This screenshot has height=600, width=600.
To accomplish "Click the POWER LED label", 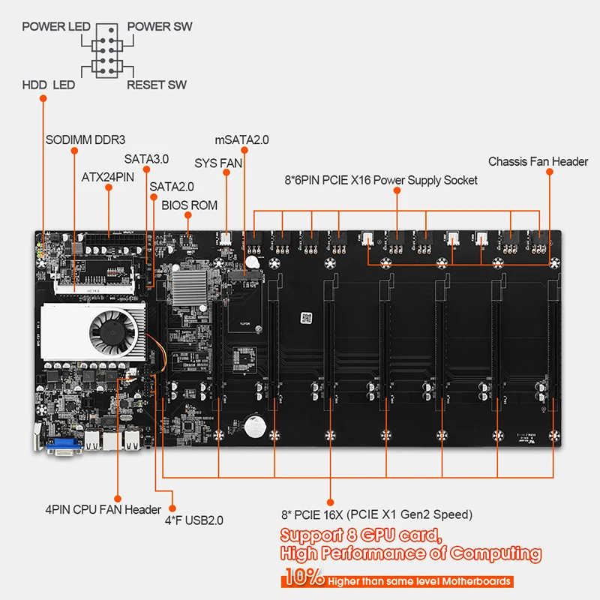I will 55,27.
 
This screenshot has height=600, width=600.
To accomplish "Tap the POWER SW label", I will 160,27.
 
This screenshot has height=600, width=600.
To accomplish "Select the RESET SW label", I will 156,85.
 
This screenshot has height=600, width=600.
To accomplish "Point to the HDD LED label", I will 48,85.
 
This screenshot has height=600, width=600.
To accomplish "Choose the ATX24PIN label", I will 107,178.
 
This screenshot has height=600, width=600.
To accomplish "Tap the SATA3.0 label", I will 146,159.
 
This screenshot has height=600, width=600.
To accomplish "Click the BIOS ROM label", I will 189,205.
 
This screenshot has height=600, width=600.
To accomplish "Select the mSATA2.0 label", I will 241,140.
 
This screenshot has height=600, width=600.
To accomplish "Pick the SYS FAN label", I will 217,163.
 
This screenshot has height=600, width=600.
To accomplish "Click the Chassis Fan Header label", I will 538,162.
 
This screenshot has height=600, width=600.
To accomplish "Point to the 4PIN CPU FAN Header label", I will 102,510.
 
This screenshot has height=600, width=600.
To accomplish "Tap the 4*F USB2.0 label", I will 193,519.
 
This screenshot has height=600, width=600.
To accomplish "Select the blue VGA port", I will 64,447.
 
